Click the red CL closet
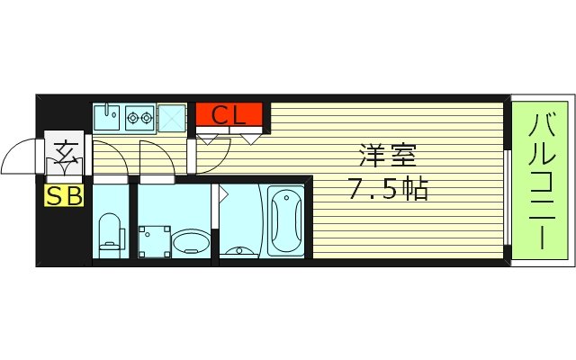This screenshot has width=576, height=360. tap(229, 115)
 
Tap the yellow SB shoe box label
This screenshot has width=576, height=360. tap(64, 195)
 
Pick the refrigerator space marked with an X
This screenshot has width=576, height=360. tap(171, 117)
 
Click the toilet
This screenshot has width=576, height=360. tap(111, 231)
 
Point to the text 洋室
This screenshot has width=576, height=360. tap(387, 155)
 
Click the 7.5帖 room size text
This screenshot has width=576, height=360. tap(387, 189)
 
